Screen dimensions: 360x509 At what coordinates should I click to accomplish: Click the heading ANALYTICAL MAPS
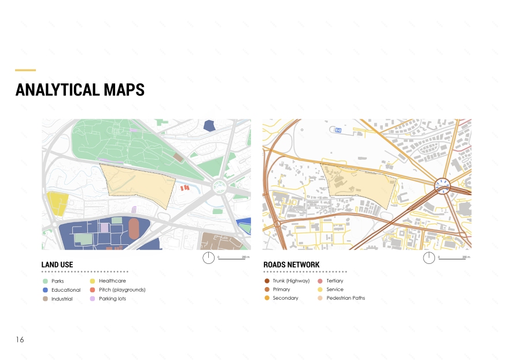80,90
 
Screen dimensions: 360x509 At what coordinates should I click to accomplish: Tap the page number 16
20,340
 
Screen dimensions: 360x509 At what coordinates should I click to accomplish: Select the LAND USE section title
57,265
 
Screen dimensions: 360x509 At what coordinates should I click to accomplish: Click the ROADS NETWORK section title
292,265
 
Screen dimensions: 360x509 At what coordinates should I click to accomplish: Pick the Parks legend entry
57,281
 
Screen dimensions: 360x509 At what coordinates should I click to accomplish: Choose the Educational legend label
66,290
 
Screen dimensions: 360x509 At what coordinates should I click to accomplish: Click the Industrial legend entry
62,299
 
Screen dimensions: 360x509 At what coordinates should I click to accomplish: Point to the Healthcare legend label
112,281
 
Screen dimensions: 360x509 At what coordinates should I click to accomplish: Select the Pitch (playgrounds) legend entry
122,290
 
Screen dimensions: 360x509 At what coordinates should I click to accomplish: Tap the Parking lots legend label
112,299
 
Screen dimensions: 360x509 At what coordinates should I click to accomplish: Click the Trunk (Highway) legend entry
291,281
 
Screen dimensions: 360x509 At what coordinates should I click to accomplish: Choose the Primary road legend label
281,289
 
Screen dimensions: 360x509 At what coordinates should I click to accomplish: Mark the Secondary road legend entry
285,298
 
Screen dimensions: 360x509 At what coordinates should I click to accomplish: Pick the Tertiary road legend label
334,281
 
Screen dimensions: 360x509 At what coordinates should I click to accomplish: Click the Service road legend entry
334,289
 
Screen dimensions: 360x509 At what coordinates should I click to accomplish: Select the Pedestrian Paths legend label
345,298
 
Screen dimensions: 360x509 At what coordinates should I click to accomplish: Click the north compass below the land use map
209,258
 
